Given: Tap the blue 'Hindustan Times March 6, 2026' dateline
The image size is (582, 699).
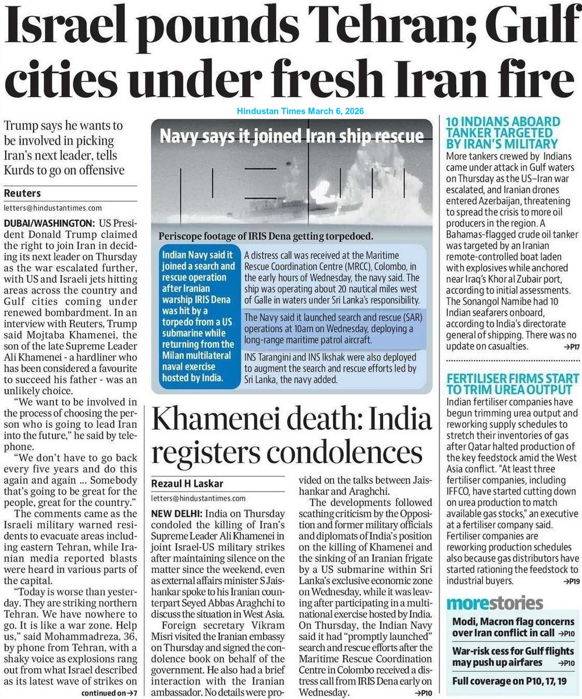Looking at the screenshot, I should pyautogui.click(x=300, y=111).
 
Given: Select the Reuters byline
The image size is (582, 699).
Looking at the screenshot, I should pyautogui.click(x=24, y=193).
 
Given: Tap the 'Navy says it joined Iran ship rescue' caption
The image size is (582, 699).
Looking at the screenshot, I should pyautogui.click(x=292, y=137).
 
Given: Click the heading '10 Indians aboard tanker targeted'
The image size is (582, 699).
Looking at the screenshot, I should pyautogui.click(x=503, y=132).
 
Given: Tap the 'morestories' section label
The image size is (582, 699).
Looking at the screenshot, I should pyautogui.click(x=495, y=603).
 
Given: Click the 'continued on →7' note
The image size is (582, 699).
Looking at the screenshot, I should pyautogui.click(x=109, y=693).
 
